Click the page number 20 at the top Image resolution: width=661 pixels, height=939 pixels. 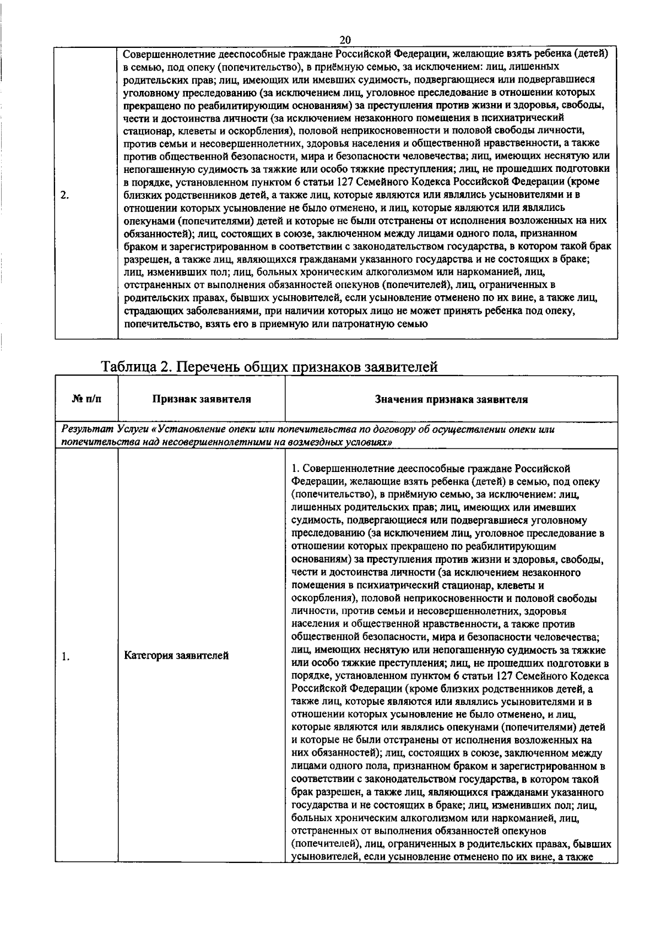point(345,40)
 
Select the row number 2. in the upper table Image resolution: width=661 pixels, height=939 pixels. point(64,195)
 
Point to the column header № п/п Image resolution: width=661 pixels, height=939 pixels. point(86,399)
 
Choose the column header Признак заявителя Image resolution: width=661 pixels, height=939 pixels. point(202,399)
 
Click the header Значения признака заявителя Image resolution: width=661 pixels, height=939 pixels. point(451,399)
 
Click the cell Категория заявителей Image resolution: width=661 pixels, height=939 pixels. point(176,656)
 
